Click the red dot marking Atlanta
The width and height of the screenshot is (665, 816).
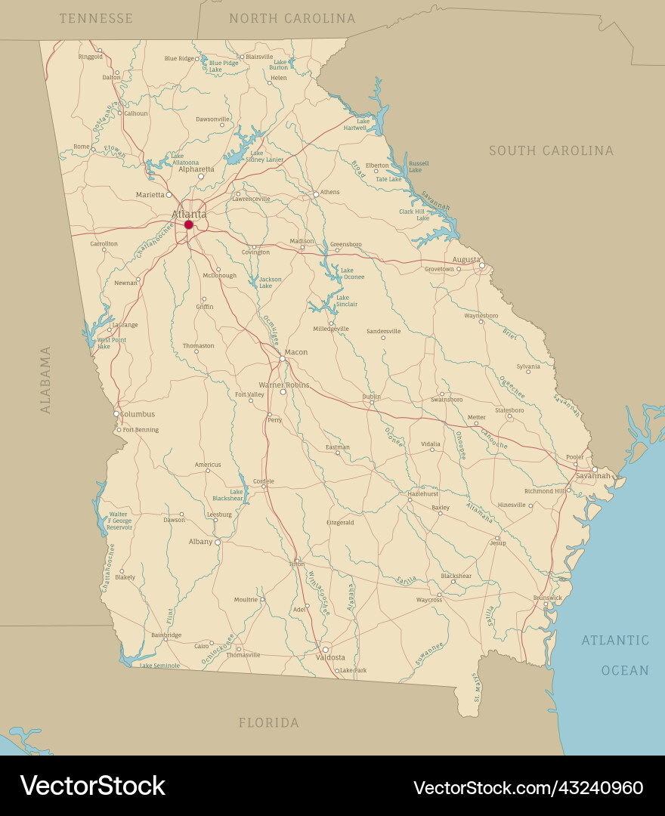(189, 224)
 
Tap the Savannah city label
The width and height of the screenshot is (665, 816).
(593, 476)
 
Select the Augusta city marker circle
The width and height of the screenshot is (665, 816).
(482, 265)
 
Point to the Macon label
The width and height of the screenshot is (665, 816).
(295, 352)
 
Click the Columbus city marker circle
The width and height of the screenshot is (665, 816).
(116, 414)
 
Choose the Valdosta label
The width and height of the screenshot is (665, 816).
(330, 657)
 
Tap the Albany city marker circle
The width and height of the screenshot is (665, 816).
(218, 542)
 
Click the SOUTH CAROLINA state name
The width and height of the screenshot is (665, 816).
(551, 151)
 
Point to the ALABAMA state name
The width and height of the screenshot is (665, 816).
(46, 379)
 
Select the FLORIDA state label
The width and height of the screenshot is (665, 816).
(268, 723)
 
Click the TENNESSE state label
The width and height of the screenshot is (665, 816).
(96, 18)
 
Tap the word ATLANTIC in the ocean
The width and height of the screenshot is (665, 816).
(615, 641)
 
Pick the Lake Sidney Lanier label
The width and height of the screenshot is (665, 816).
(264, 156)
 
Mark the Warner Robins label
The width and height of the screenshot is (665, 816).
(283, 385)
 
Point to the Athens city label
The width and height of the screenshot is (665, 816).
(329, 192)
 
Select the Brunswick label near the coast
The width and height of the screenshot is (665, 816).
(547, 598)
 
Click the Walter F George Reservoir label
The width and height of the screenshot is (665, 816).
(119, 521)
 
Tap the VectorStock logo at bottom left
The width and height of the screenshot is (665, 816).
(92, 786)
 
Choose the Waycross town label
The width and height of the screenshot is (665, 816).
(428, 600)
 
